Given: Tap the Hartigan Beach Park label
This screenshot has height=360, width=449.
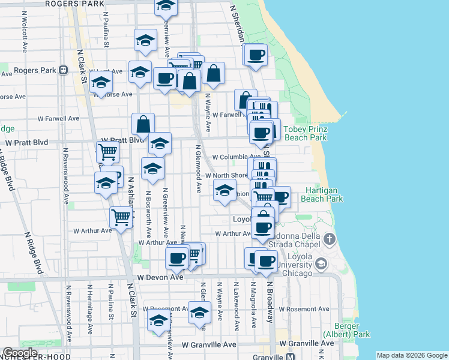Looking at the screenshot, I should [x=321, y=194].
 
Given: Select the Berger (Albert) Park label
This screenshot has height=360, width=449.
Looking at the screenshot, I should [x=346, y=329].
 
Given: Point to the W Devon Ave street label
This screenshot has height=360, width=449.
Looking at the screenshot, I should [x=160, y=277].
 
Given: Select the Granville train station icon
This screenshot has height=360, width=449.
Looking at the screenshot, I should [x=290, y=356].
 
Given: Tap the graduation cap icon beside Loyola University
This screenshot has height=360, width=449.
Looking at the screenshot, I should [x=321, y=263].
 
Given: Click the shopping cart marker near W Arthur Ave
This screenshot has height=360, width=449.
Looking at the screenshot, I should [x=121, y=217].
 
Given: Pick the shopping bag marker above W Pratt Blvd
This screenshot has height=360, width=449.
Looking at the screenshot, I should [x=143, y=124].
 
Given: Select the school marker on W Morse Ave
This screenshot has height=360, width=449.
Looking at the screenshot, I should [x=101, y=82].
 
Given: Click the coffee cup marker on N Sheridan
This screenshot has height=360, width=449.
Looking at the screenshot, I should [x=256, y=55].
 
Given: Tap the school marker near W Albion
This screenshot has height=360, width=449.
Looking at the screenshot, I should [x=224, y=191].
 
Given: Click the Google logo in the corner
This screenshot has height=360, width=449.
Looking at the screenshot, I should [x=19, y=353].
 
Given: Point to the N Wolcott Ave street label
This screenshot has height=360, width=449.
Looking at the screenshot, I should [x=25, y=37].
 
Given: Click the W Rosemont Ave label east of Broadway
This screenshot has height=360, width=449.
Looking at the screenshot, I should [x=307, y=309].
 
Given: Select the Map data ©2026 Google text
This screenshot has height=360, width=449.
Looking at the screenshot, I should [x=412, y=355].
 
